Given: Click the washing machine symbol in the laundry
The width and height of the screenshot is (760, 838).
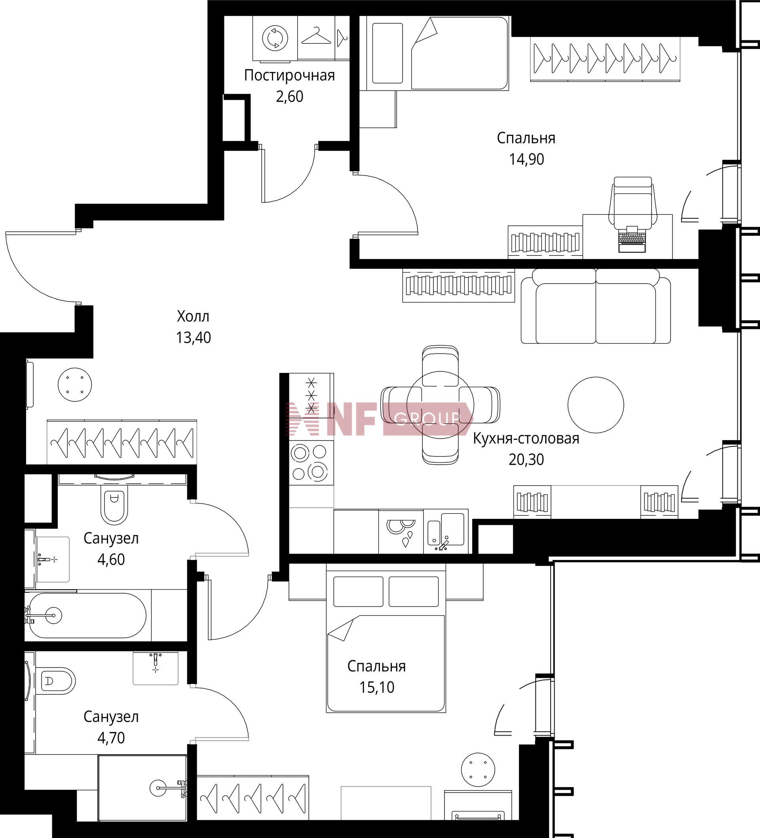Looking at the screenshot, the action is [275, 38].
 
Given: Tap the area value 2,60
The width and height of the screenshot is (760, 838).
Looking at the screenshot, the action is [289, 96].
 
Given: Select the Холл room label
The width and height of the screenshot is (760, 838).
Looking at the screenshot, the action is [193, 316].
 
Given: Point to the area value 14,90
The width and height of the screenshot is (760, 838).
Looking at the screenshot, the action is [526, 159].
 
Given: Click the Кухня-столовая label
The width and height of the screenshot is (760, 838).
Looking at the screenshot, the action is [526, 439].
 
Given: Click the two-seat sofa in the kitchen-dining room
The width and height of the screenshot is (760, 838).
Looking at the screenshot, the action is [596, 306].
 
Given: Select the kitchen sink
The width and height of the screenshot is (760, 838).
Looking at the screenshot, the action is [446, 531].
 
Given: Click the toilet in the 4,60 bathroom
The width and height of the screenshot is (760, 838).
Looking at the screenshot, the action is [114, 503].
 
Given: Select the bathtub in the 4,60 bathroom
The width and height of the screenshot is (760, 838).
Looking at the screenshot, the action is [85, 616].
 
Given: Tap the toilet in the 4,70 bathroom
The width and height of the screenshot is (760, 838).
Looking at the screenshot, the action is [55, 681].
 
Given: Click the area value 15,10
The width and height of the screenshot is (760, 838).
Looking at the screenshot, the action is [377, 688].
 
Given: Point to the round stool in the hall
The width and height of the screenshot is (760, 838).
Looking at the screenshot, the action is [75, 384].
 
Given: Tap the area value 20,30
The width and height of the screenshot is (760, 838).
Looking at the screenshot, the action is [526, 460].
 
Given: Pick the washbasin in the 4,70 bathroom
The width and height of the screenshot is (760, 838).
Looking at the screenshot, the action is [156, 668].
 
